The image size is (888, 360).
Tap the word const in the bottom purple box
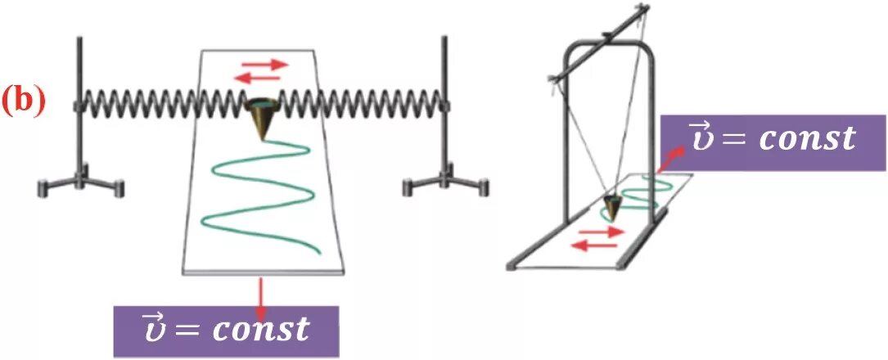[261, 329]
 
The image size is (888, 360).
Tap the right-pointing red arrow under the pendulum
[607, 232]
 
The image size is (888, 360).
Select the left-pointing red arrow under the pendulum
[593, 245]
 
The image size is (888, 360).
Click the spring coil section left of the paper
[139, 102]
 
